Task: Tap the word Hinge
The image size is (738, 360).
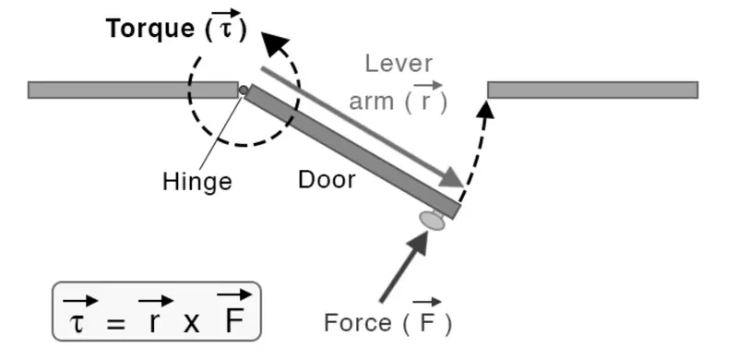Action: tap(196, 180)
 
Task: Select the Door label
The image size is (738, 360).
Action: tap(327, 178)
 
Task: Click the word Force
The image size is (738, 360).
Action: tap(357, 323)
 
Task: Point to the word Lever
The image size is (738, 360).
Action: tap(398, 64)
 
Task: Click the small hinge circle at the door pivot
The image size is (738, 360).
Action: tap(243, 90)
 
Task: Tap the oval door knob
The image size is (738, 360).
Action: tap(432, 221)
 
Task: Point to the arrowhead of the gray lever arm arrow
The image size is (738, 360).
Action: tap(452, 177)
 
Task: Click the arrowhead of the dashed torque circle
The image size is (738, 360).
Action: tap(273, 43)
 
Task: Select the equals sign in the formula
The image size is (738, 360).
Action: tap(113, 321)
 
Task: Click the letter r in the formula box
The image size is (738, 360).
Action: tap(154, 320)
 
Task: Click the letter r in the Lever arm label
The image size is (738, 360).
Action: tap(424, 101)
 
